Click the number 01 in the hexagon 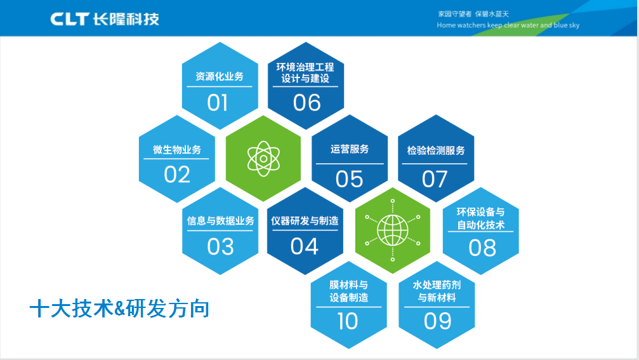[217, 102]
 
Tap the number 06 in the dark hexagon [307, 102]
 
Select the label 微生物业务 [177, 150]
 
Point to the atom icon [263, 159]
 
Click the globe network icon [392, 230]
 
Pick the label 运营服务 [349, 149]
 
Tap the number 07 [435, 179]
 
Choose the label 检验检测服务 [436, 150]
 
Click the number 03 [220, 246]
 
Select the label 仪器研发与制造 [305, 220]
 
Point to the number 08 [482, 248]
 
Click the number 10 [348, 321]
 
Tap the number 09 [437, 321]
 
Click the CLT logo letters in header [70, 19]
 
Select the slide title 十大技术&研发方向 [119, 308]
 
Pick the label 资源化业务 [220, 76]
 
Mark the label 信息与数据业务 [220, 220]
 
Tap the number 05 [349, 179]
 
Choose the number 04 [305, 246]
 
